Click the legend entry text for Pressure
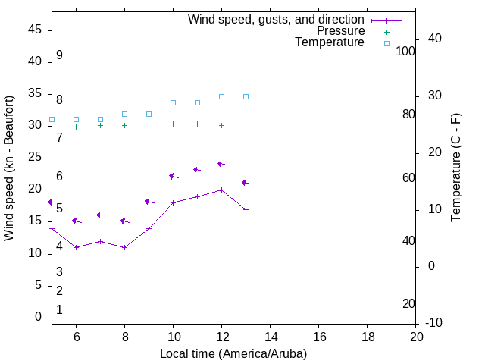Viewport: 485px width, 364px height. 341,31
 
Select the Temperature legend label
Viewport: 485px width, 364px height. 330,42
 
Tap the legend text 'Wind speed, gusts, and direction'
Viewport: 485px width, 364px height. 277,19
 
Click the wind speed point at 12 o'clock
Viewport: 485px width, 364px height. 222,190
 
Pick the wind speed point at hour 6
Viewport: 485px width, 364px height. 76,247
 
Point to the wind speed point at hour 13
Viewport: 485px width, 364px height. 246,209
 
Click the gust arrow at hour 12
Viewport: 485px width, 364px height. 222,164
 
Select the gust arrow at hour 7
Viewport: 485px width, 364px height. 100,215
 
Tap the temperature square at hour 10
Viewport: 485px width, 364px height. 174,102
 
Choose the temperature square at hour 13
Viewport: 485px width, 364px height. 246,96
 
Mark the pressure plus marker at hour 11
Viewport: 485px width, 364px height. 198,124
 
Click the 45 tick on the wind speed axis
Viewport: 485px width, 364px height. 34,30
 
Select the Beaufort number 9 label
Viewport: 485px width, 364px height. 59,55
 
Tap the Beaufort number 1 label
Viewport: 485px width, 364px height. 59,310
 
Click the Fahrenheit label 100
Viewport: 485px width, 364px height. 405,52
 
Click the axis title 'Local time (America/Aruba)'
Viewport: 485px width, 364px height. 233,353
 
